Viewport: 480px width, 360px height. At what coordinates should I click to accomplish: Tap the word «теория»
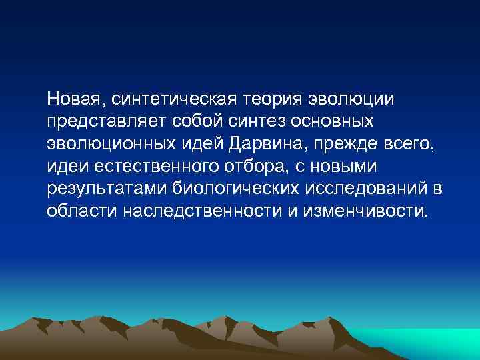(x=273, y=100)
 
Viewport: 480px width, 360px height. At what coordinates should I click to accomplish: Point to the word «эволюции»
(x=352, y=100)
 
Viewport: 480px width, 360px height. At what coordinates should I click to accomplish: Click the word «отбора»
(x=236, y=166)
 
